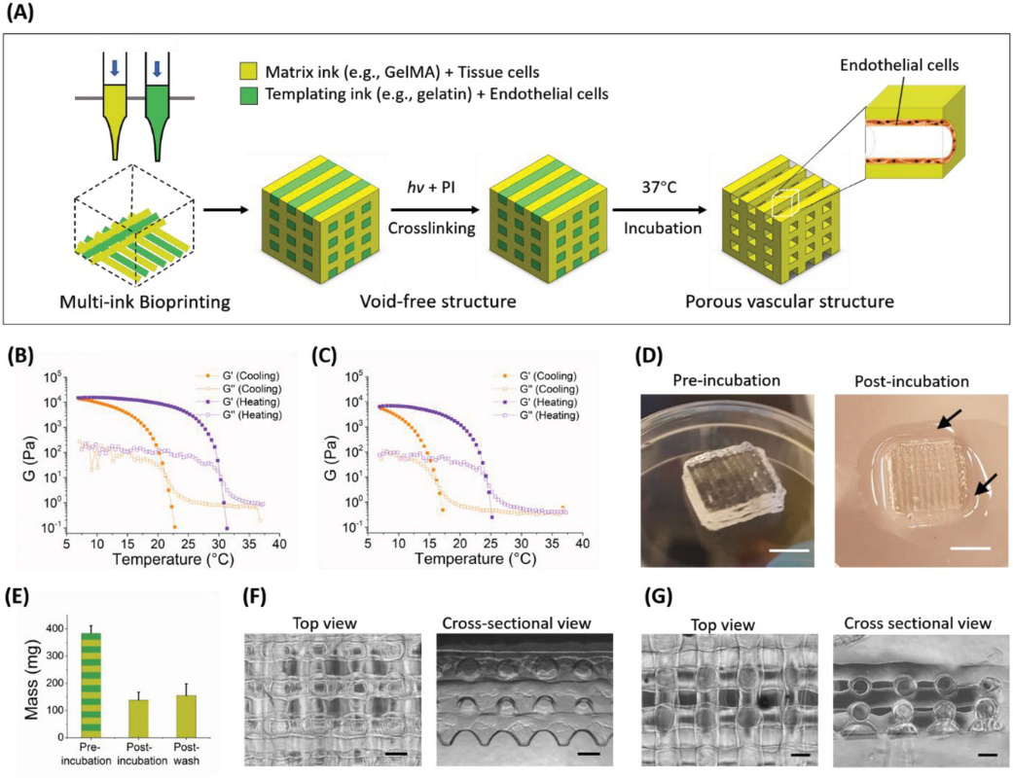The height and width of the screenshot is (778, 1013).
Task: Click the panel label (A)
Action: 21,13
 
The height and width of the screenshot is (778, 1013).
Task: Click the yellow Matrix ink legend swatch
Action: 249,72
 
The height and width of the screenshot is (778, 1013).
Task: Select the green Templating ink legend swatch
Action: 249,95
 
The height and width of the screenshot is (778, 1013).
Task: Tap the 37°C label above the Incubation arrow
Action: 659,188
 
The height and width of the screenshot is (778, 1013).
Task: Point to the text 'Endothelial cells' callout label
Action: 899,64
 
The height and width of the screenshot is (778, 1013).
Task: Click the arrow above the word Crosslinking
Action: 435,210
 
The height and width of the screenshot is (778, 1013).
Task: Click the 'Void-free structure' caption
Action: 437,301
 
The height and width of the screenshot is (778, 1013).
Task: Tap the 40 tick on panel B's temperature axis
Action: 279,544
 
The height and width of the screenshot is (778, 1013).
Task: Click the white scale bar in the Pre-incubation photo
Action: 789,551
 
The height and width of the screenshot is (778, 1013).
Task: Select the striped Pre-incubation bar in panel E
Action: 90,685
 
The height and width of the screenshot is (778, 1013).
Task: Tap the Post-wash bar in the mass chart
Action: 186,717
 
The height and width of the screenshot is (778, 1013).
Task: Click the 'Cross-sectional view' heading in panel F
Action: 516,623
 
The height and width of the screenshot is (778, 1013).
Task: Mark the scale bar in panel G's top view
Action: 800,754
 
